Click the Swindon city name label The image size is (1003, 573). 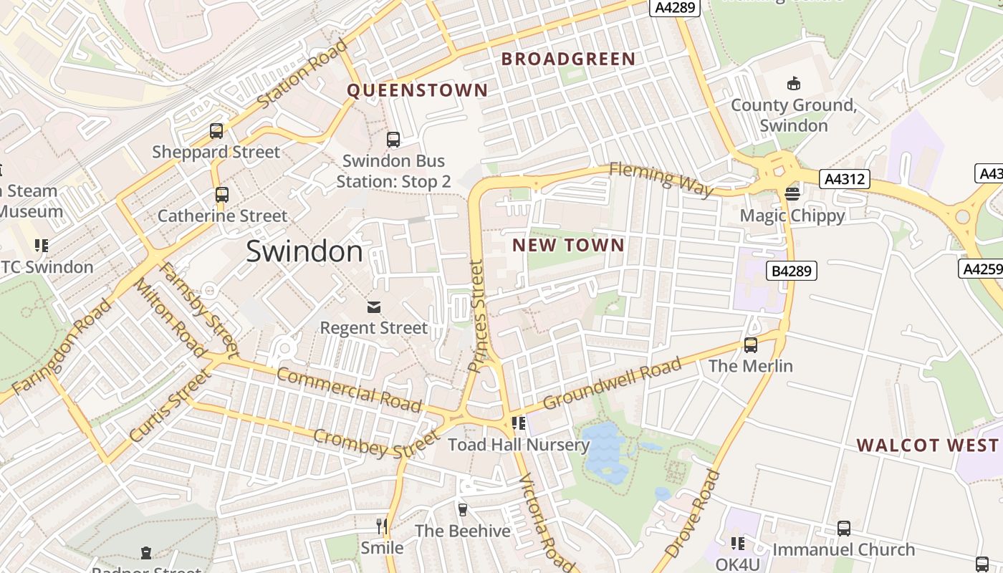[x=304, y=251]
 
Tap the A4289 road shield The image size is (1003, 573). [x=674, y=6]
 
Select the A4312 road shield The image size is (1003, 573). [x=846, y=179]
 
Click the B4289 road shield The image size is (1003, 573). [x=792, y=271]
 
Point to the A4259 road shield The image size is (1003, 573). [x=981, y=269]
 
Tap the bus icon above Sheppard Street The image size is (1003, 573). [x=216, y=131]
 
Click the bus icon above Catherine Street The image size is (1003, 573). [x=222, y=195]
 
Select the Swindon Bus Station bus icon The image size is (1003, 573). [x=393, y=140]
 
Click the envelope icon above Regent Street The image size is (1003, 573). [x=373, y=307]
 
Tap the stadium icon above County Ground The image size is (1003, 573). [x=793, y=84]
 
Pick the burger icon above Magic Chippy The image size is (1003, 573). [x=792, y=194]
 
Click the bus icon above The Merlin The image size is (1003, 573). [x=751, y=345]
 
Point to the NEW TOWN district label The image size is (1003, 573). [x=568, y=246]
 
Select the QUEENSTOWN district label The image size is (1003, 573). [x=417, y=90]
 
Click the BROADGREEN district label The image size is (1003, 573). [x=568, y=59]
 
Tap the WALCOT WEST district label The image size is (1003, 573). [x=927, y=446]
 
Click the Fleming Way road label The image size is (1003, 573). [x=661, y=179]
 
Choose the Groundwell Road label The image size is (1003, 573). [x=612, y=384]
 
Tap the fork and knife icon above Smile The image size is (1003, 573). [x=382, y=526]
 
